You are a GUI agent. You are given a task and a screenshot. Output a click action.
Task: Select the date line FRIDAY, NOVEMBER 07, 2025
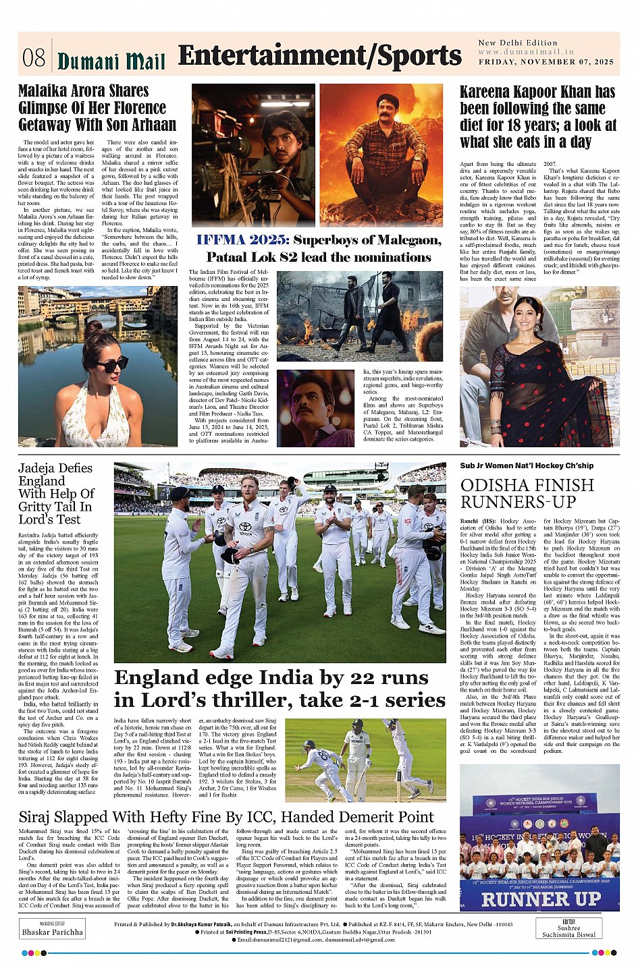point(546,62)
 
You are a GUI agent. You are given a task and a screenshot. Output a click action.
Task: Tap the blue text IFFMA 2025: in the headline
point(242,240)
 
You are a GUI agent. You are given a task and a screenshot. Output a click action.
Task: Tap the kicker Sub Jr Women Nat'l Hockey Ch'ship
point(527,465)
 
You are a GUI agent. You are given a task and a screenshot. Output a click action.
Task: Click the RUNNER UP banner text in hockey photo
point(539,899)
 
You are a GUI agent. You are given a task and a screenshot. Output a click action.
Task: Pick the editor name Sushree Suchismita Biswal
point(568,931)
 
